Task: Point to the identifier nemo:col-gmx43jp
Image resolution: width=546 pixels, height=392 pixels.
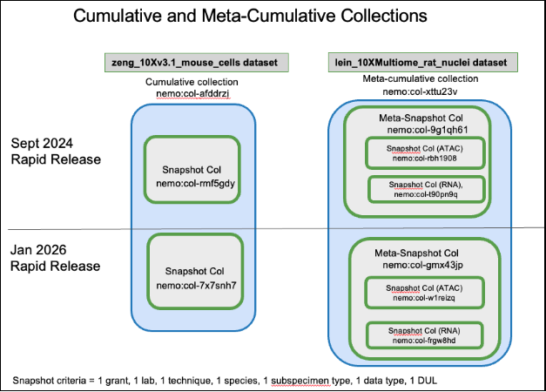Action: (423, 264)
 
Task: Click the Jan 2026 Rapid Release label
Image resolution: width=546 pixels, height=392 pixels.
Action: (55, 257)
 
